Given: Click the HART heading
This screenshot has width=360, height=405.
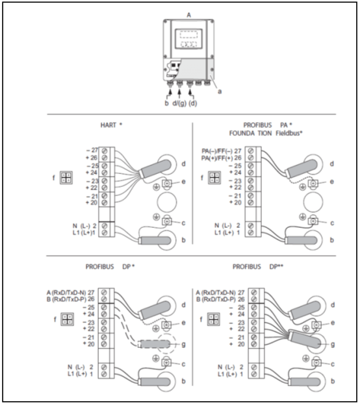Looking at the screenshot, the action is click(111, 125).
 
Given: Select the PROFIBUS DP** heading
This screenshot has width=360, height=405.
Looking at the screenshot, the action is click(258, 267).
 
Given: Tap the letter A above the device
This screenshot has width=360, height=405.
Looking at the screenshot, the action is click(189, 15).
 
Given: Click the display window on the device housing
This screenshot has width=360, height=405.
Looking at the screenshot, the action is click(188, 39).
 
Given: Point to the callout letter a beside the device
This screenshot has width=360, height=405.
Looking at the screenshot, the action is click(220, 92).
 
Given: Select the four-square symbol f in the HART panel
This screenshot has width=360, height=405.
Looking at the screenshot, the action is click(66, 178).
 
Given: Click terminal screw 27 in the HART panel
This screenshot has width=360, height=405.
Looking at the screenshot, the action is click(105, 151).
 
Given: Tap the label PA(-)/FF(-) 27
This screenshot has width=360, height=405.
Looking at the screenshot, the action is click(222, 151).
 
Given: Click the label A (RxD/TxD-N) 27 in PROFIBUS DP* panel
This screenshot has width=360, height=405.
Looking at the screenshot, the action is click(70, 293).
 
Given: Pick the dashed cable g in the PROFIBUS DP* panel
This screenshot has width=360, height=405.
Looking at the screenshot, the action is click(155, 344).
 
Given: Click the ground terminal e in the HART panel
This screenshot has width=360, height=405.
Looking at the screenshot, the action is click(167, 184).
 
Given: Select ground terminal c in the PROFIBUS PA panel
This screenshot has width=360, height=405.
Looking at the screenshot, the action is click(313, 221).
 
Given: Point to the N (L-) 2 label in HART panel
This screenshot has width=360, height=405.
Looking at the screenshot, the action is click(84, 226).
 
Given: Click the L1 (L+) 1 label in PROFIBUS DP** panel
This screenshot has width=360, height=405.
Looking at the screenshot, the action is click(231, 374).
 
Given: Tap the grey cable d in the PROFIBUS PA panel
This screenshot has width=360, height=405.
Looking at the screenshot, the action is click(302, 168).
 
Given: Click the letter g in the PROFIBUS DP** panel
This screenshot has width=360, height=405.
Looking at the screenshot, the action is click(333, 344).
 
